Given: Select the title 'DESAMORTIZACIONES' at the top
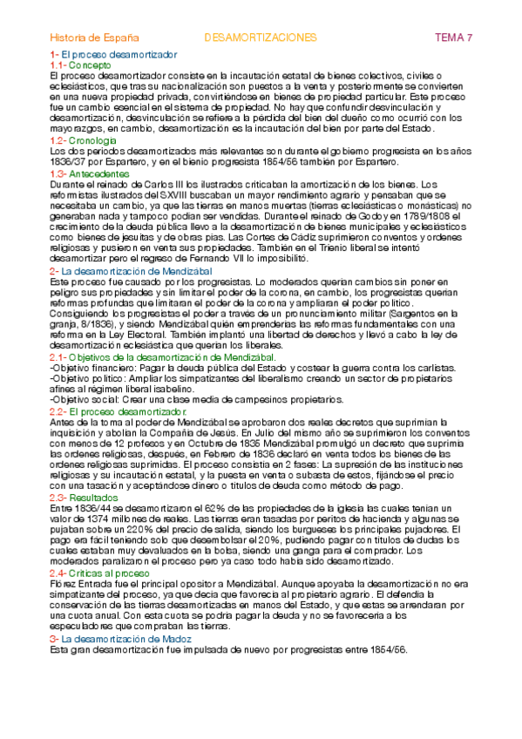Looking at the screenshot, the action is [x=260, y=38].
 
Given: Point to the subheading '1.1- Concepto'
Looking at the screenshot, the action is [x=80, y=65].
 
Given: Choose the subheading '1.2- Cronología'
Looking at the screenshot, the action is [x=84, y=139].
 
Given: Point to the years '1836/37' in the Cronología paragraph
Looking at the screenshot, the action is [x=66, y=161].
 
